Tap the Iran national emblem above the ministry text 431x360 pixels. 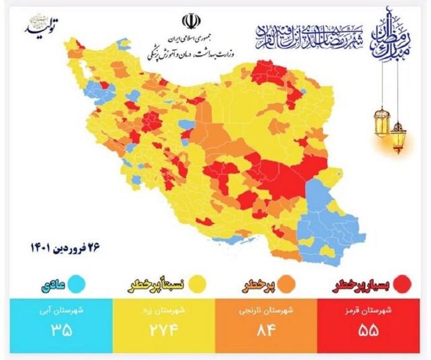coord(191,22)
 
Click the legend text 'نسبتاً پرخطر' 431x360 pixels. coord(158,284)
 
